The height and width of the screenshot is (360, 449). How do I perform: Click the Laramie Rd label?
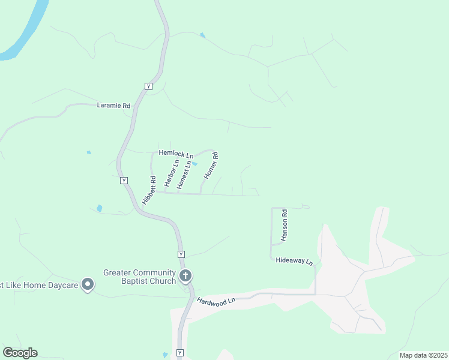tap(113, 106)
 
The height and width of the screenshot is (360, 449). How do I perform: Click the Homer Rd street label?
tap(211, 166)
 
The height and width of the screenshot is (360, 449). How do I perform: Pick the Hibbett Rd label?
tap(149, 191)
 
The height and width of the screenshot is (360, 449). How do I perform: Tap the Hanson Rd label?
tap(285, 225)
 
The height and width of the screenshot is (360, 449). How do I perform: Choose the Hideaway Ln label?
tap(294, 262)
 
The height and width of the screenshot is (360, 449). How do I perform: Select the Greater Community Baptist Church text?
tap(139, 277)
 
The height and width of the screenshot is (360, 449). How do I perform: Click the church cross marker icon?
tap(186, 277)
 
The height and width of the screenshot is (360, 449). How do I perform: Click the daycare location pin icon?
tap(88, 284)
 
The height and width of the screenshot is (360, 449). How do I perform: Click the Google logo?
tap(20, 353)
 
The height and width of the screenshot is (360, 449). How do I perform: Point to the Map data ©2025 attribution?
tap(423, 355)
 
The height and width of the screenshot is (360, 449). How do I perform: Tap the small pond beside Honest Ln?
tap(194, 164)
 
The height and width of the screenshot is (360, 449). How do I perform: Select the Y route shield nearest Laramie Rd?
tap(148, 86)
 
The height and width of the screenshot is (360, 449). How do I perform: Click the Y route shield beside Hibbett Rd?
tap(123, 180)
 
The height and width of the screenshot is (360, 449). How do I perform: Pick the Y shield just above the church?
tap(180, 254)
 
